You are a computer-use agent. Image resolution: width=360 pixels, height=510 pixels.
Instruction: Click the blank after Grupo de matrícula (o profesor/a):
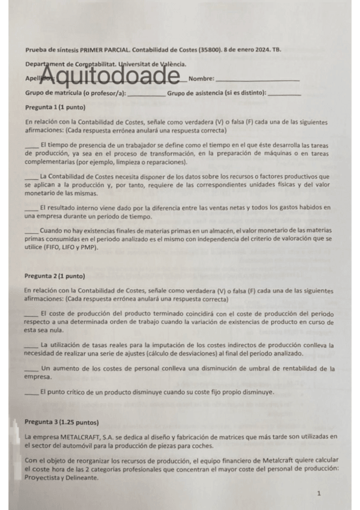pos(146,93)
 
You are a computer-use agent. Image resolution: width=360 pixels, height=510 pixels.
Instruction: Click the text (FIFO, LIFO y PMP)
pos(75,247)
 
